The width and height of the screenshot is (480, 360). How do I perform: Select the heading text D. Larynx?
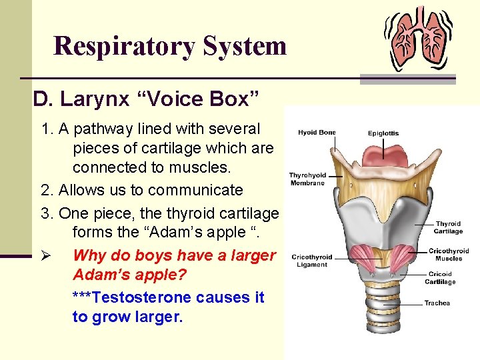tap(78, 99)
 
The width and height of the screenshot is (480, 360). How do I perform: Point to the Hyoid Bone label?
tap(316, 133)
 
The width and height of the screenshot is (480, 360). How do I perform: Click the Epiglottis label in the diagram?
tap(383, 133)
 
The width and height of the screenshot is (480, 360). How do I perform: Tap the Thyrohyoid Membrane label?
tap(307, 179)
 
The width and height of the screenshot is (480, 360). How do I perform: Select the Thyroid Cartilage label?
tap(448, 228)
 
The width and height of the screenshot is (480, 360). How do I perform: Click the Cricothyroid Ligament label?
tap(312, 260)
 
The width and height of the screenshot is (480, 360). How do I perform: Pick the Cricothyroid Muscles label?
tap(449, 255)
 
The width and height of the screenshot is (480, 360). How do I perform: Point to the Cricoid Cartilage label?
tap(441, 277)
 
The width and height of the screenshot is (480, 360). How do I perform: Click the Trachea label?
tap(437, 303)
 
